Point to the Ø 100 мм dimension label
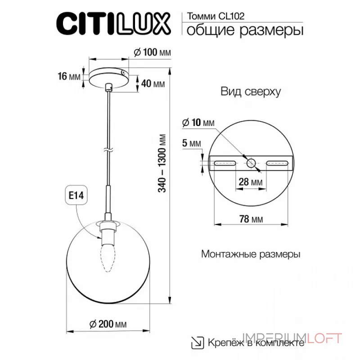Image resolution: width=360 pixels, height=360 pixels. click(153, 53)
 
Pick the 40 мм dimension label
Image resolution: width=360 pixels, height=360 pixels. click(152, 84)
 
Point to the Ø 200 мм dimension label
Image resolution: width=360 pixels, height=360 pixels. click(108, 324)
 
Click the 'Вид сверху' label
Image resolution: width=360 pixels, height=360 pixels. click(251, 92)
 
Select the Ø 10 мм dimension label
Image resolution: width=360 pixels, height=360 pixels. click(198, 123)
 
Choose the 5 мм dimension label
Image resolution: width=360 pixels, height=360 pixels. click(192, 144)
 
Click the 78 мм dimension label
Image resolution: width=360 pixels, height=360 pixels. click(251, 220)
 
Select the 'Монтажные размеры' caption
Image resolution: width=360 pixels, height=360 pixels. click(251, 254)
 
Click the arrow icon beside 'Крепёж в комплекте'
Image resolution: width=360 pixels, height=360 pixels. click(197, 342)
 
